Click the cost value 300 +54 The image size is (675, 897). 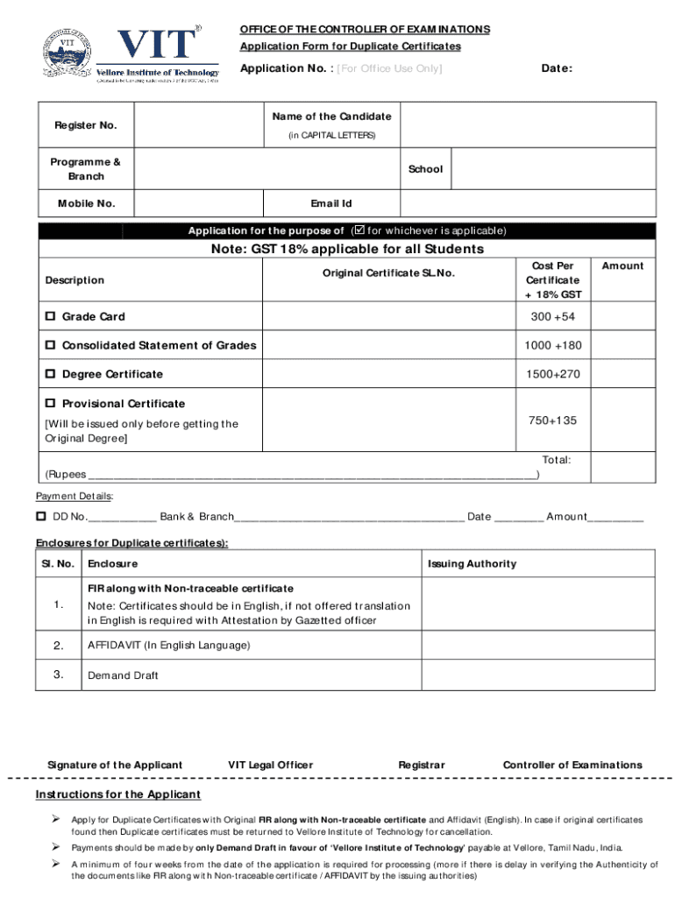click(552, 316)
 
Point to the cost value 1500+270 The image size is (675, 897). click(552, 374)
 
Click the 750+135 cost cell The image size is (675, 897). click(552, 420)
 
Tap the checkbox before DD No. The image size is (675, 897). click(41, 516)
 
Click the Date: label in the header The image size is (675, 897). click(557, 68)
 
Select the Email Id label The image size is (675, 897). click(331, 203)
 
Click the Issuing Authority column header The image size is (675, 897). click(472, 563)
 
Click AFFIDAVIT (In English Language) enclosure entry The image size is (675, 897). click(168, 645)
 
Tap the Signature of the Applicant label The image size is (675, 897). click(115, 765)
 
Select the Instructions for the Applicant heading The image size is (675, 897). click(117, 795)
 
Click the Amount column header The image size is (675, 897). click(622, 265)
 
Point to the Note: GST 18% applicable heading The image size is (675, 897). click(346, 250)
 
